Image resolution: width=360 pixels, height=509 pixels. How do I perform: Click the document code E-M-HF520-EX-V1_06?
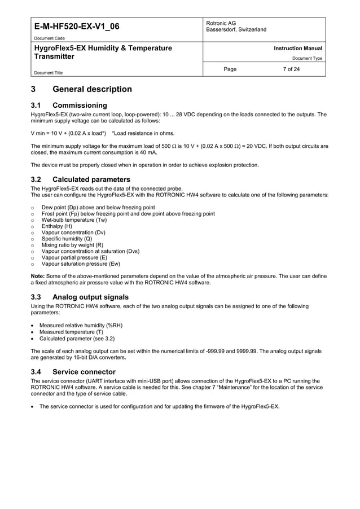(77, 27)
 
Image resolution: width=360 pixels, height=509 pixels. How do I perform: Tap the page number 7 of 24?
(291, 69)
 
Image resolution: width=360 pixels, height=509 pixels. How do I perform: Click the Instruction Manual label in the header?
(298, 49)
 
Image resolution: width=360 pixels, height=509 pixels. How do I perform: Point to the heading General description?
(92, 89)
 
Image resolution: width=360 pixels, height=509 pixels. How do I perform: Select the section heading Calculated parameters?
(91, 179)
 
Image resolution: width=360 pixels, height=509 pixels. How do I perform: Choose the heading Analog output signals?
(90, 297)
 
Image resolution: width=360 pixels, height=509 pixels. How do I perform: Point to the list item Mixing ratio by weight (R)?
(72, 245)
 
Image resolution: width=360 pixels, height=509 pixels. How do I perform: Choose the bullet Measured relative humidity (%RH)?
(81, 325)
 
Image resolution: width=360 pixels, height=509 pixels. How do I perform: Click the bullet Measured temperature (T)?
(71, 332)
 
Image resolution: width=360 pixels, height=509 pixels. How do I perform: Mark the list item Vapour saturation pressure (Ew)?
(81, 264)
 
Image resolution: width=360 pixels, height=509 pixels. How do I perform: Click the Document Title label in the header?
(48, 73)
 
